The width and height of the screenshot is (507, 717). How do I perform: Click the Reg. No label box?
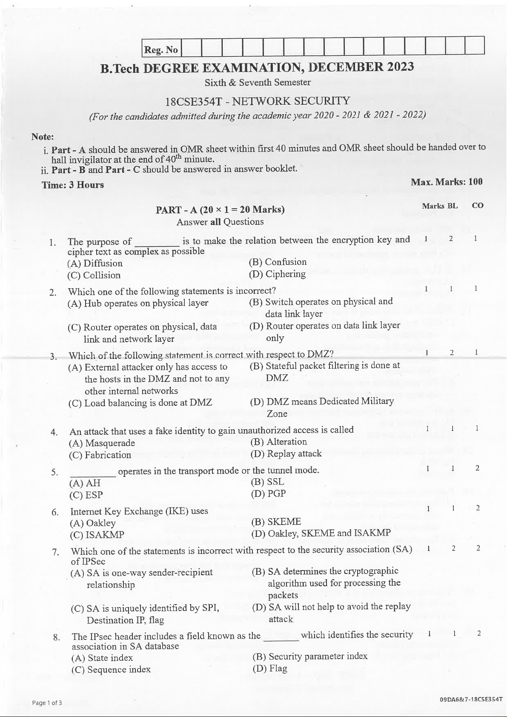(x=161, y=50)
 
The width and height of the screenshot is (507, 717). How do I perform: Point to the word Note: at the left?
(x=43, y=137)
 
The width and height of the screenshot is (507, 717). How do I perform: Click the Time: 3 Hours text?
(x=73, y=185)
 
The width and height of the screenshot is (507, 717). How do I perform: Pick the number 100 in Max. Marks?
(x=475, y=182)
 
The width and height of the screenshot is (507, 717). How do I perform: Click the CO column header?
(x=478, y=206)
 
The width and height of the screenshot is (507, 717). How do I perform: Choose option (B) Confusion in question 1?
(x=278, y=262)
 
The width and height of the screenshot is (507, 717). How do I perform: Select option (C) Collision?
(x=94, y=275)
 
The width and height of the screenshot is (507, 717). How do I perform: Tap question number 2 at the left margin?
(x=53, y=293)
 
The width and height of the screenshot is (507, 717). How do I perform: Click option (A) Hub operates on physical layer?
(x=138, y=303)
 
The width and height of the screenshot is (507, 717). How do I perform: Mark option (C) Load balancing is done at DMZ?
(x=140, y=403)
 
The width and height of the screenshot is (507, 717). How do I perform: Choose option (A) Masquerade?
(x=102, y=443)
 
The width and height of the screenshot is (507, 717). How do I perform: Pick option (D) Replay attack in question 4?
(x=286, y=454)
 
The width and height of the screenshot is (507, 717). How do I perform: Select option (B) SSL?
(x=268, y=482)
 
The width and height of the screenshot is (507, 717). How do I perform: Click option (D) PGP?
(x=269, y=494)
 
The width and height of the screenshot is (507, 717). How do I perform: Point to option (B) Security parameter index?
(x=310, y=656)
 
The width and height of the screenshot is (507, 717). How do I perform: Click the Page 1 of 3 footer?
(x=47, y=703)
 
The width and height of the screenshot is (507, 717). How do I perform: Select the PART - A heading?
(x=220, y=209)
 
